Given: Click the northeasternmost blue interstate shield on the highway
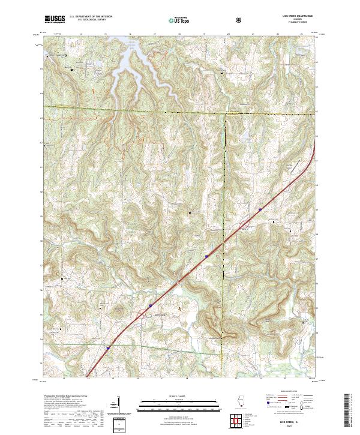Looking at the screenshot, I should point(260,209).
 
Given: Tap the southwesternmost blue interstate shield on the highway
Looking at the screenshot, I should point(109,346).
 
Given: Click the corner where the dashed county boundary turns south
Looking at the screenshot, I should point(226,113).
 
